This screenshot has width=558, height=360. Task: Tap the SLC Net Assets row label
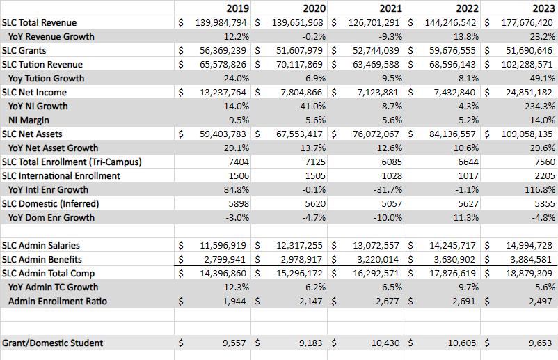click(32, 134)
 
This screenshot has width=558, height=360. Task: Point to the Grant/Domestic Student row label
click(53, 343)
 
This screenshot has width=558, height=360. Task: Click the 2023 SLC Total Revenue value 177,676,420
click(527, 22)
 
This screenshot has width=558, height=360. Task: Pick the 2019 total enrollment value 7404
click(237, 162)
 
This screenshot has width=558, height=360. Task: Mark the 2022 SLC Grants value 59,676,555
click(449, 50)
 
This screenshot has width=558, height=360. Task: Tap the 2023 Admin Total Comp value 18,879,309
click(527, 273)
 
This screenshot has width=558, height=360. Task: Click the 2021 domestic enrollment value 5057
click(387, 203)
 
